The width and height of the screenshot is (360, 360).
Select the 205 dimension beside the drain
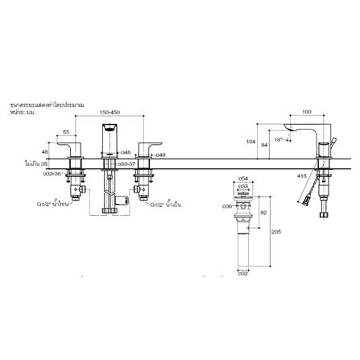pyautogui.click(x=275, y=232)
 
